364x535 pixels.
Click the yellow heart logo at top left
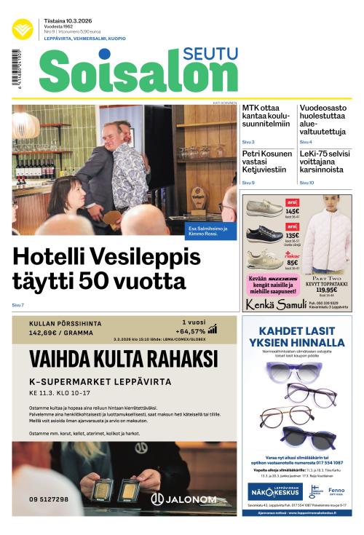pyautogui.click(x=22, y=29)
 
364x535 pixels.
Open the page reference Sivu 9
pyautogui.click(x=248, y=183)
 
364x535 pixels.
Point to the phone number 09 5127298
pyautogui.click(x=50, y=499)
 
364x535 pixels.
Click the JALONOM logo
pyautogui.click(x=183, y=499)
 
